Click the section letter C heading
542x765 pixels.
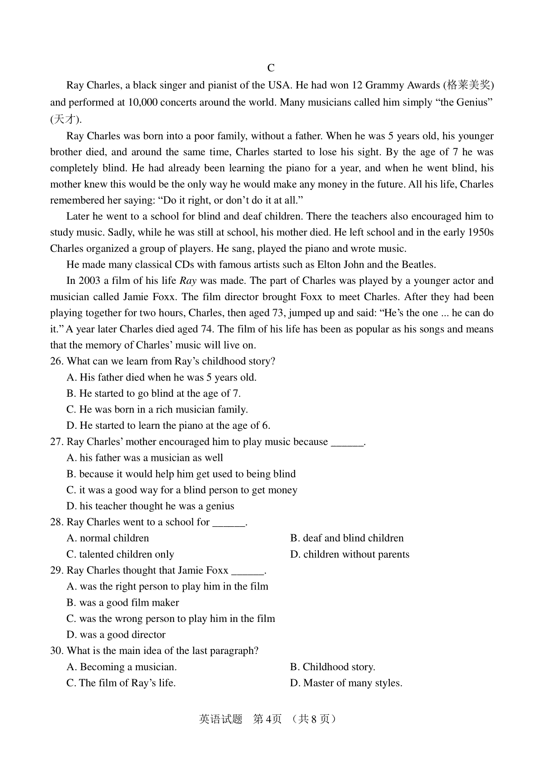(271, 68)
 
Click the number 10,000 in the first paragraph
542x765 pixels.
(143, 102)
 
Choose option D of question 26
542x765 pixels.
(168, 425)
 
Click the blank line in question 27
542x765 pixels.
(347, 442)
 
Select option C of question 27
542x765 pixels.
(182, 490)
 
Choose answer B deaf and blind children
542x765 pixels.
(347, 538)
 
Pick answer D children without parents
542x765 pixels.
(350, 554)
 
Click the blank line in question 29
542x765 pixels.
(248, 571)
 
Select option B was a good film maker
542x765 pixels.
(122, 603)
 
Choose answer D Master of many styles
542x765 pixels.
(346, 683)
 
